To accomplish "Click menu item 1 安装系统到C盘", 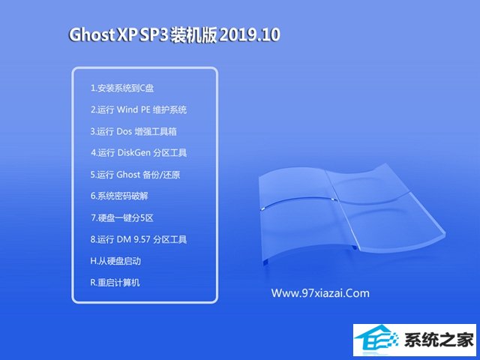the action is click(122, 88).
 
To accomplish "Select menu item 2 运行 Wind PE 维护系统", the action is click(138, 109).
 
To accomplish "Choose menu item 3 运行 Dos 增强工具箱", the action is click(133, 131).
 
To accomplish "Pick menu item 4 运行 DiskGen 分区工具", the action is click(139, 153).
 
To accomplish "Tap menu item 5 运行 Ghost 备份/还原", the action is click(135, 175).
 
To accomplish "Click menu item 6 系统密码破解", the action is click(119, 196).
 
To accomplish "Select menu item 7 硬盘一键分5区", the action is click(121, 217).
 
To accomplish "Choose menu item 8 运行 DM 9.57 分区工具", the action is click(138, 239).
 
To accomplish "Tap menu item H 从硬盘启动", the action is click(115, 261).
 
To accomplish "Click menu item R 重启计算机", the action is click(115, 282).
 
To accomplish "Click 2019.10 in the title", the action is click(250, 34).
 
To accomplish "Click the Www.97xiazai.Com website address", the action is click(320, 293).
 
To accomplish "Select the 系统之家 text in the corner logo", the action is click(439, 340).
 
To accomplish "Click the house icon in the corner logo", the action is click(376, 339).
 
